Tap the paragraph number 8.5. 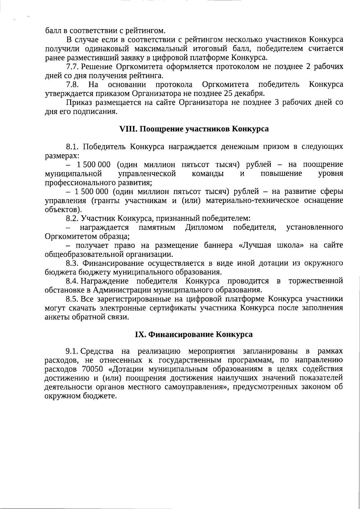point(73,299)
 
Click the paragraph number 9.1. point(73,351)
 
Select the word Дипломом point(204,227)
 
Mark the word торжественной point(316,281)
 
